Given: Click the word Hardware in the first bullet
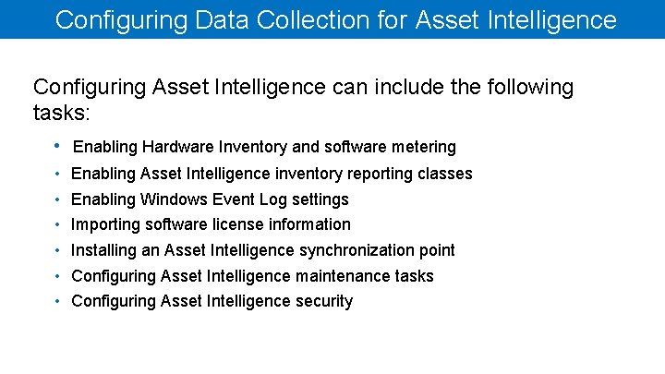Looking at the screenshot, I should tap(176, 147).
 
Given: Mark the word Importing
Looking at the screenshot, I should tap(104, 224).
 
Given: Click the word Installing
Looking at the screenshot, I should tap(103, 250).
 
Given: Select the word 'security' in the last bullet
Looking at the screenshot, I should tap(324, 301).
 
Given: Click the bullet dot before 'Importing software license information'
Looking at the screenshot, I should tap(57, 224).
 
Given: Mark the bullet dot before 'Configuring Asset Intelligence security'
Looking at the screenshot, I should tap(57, 301).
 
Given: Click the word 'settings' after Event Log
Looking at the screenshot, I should tap(319, 199).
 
